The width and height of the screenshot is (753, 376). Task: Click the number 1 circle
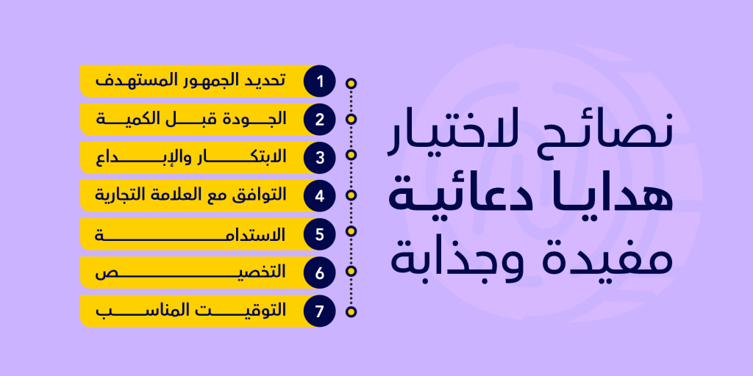(319, 81)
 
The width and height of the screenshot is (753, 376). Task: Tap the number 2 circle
(319, 120)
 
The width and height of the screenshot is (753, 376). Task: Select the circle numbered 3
(319, 158)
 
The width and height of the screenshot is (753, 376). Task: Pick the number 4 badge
(319, 196)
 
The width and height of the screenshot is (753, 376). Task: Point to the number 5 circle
(319, 234)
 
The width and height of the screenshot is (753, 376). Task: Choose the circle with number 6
(319, 273)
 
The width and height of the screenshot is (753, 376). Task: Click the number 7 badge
(319, 311)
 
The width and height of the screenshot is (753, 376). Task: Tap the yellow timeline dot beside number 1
(351, 84)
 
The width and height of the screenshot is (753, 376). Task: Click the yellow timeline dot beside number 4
(351, 195)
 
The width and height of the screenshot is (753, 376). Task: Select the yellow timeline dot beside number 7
(351, 312)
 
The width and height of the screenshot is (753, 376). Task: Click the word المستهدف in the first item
(125, 80)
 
